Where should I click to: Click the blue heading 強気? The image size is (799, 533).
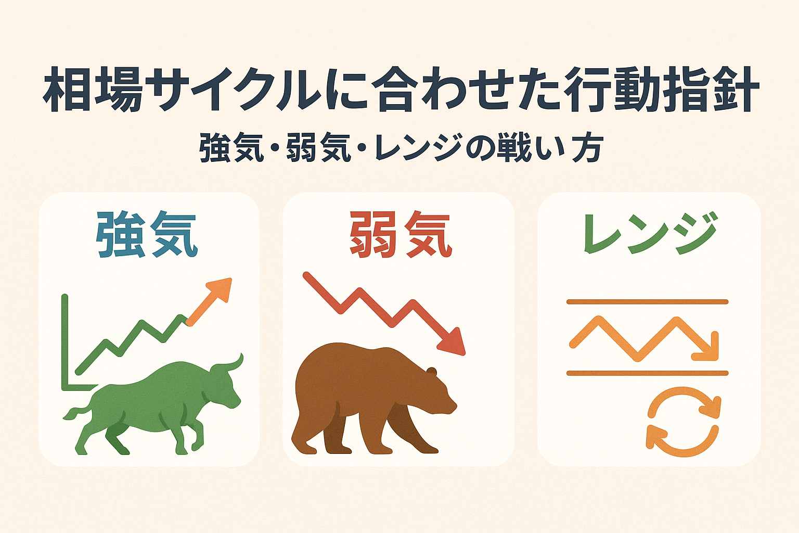(x=147, y=235)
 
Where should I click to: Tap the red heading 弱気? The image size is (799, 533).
(x=399, y=235)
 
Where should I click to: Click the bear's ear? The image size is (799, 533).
(x=431, y=371)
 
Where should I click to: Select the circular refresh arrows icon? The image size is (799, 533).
(x=683, y=422)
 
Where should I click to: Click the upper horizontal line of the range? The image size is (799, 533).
(x=647, y=302)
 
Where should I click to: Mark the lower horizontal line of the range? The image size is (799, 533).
(x=647, y=373)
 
